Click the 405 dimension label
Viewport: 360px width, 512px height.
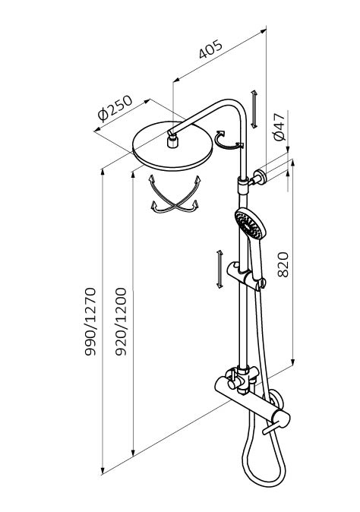pyautogui.click(x=211, y=49)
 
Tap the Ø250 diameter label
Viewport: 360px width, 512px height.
pyautogui.click(x=115, y=108)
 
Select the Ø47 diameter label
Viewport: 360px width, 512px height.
pyautogui.click(x=279, y=127)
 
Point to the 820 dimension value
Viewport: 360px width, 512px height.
pyautogui.click(x=283, y=264)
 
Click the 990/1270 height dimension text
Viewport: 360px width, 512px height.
pyautogui.click(x=90, y=321)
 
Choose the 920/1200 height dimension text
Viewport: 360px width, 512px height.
pyautogui.click(x=121, y=321)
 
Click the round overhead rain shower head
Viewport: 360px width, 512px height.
pyautogui.click(x=172, y=146)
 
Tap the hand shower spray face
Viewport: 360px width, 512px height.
pyautogui.click(x=250, y=224)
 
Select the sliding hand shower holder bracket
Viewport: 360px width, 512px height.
pyautogui.click(x=245, y=275)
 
